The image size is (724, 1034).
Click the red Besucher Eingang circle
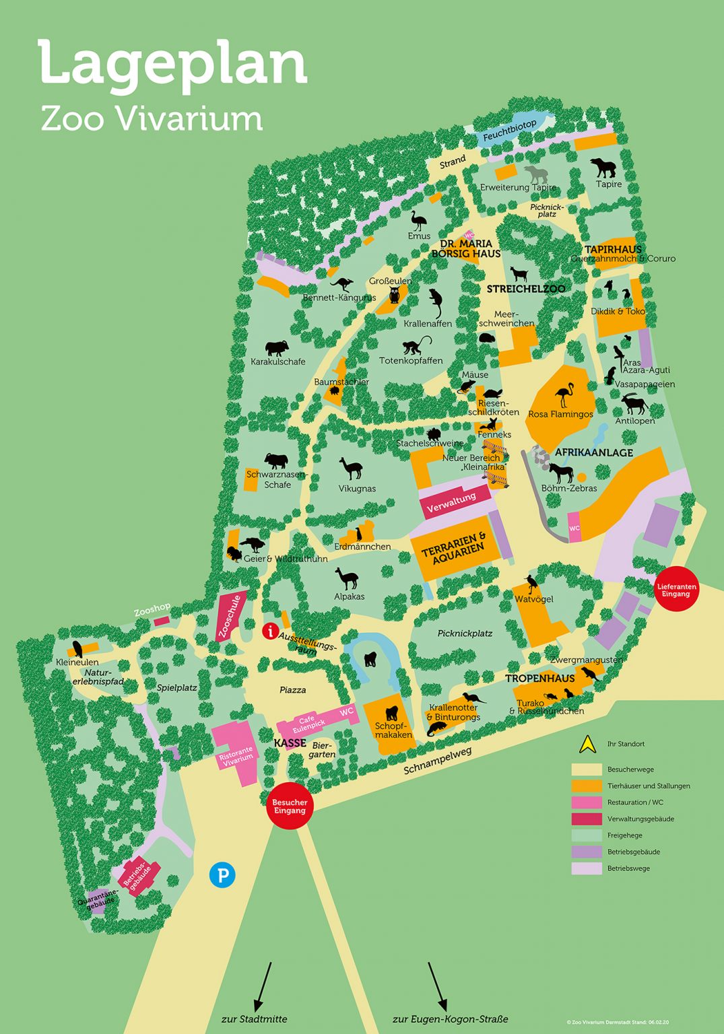[290, 806]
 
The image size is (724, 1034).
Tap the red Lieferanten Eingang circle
[676, 590]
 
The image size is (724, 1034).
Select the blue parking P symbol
[222, 875]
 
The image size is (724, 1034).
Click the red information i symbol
[270, 631]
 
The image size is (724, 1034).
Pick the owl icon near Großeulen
[395, 294]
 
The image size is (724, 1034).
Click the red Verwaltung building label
[452, 501]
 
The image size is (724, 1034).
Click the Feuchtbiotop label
[510, 131]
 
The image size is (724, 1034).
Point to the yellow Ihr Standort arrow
[587, 744]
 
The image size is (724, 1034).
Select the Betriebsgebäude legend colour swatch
[586, 852]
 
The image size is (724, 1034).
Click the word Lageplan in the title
[173, 64]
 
